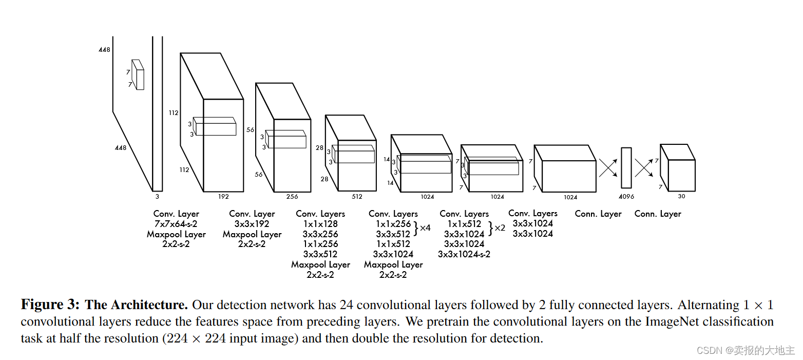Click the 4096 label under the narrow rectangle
point(626,197)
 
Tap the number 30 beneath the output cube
point(681,196)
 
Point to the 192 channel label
point(223,196)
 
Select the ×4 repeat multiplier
point(425,228)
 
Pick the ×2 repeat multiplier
point(500,228)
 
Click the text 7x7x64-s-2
point(176,224)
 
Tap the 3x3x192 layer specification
point(252,224)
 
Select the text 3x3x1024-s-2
point(464,254)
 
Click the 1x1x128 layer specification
point(320,224)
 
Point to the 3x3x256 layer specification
point(320,234)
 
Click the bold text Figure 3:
point(50,305)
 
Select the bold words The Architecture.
point(136,305)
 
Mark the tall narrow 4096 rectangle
point(626,168)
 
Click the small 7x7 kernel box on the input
point(138,75)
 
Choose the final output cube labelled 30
point(678,167)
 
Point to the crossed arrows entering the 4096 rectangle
point(608,168)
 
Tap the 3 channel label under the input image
point(157,196)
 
